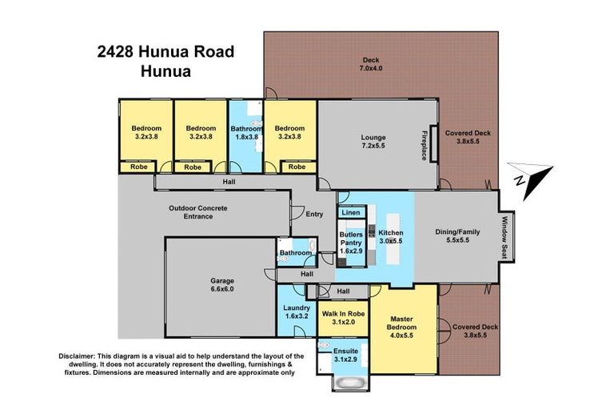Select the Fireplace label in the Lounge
[x=424, y=146]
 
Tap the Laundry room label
[x=296, y=312]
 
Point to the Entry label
[x=313, y=214]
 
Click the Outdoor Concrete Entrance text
[x=197, y=212]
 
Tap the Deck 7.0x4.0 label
[x=371, y=64]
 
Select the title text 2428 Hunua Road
[x=165, y=52]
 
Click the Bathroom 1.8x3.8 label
[x=246, y=133]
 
